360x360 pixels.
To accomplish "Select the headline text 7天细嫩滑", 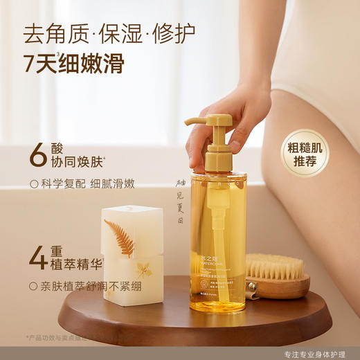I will click(73, 63).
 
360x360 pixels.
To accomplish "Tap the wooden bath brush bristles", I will click(275, 265).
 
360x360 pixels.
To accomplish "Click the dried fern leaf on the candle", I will click(123, 236).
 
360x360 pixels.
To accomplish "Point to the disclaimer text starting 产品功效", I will click(62, 338).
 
